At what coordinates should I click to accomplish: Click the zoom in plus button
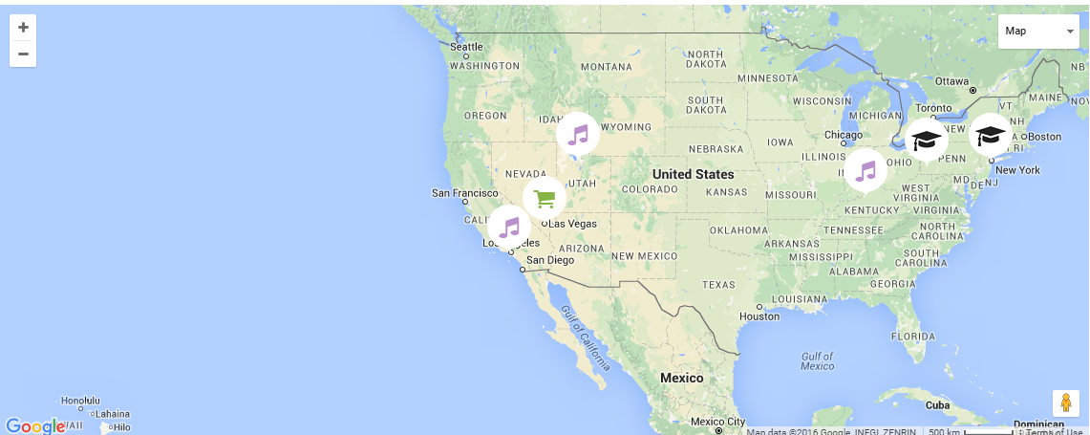click(23, 28)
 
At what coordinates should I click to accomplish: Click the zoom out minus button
click(23, 54)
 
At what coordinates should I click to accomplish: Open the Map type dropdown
click(1038, 32)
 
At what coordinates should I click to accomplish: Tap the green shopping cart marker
click(545, 199)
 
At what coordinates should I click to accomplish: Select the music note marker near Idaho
click(578, 134)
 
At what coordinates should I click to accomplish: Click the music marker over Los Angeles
click(509, 227)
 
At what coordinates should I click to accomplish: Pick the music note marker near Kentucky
click(866, 171)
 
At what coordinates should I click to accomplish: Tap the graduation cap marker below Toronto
click(926, 141)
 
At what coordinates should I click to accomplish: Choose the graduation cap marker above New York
click(991, 135)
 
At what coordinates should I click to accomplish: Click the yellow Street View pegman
click(1066, 403)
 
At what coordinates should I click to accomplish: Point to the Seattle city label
click(467, 47)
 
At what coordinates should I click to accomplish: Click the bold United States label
click(694, 174)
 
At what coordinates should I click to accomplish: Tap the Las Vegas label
click(572, 224)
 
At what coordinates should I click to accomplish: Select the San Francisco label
click(465, 193)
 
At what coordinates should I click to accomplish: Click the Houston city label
click(759, 315)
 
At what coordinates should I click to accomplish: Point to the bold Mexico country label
click(682, 378)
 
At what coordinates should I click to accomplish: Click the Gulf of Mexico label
click(818, 360)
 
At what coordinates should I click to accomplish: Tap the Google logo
click(34, 425)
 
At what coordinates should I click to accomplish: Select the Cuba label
click(938, 404)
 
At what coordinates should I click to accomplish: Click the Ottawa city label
click(951, 81)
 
